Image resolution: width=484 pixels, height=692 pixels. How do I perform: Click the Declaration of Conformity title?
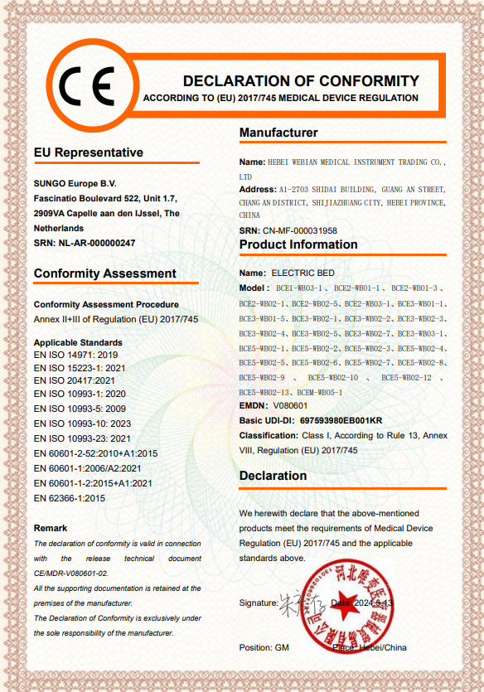pos(301,80)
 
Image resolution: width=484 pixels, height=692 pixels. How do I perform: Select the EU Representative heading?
pos(89,152)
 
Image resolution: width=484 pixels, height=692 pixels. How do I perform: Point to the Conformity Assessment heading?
pos(105,273)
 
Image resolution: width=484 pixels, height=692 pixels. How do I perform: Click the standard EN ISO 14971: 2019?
pos(76,355)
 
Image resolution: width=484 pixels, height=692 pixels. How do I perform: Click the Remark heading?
pos(51,528)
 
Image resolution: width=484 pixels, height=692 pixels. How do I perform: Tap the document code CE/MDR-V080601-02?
pos(71,573)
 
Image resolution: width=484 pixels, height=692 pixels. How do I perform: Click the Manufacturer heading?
pos(278,133)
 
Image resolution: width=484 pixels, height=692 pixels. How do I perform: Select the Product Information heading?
pos(298,244)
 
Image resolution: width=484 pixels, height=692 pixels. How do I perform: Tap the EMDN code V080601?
pos(290,406)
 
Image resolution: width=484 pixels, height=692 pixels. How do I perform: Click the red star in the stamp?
pos(346,604)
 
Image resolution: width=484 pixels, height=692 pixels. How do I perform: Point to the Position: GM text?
pos(264,647)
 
